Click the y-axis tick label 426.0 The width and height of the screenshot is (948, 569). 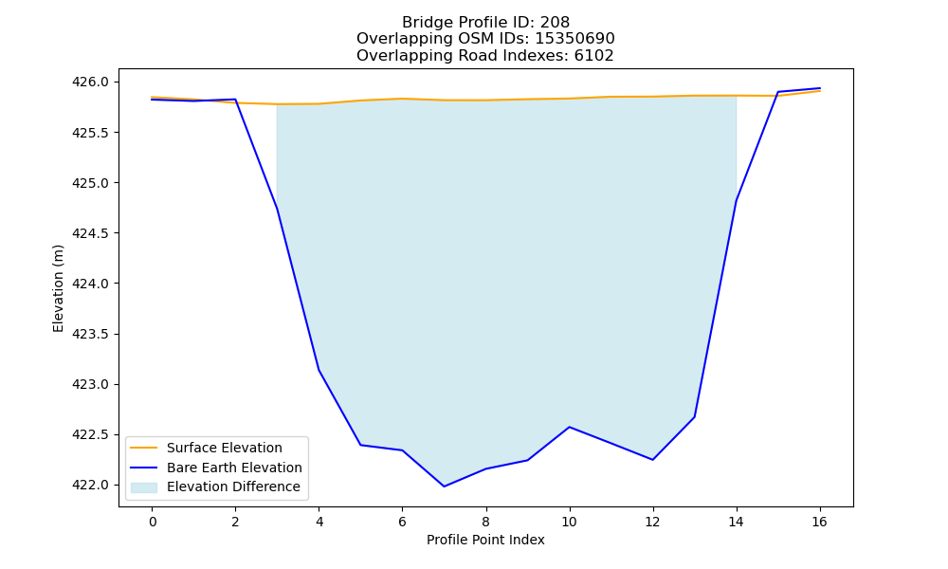click(x=91, y=82)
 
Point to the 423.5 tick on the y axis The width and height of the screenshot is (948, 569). click(x=91, y=334)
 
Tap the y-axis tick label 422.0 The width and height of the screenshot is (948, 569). click(x=91, y=485)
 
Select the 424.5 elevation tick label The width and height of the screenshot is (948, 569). click(x=91, y=232)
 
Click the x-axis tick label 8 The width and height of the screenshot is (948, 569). click(x=485, y=522)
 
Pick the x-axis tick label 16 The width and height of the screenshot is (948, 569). click(x=819, y=522)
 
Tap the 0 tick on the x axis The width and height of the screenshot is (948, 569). click(x=153, y=522)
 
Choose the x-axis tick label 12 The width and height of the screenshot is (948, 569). click(x=652, y=522)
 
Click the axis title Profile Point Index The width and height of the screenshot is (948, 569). click(x=485, y=540)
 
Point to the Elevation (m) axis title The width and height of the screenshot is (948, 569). click(x=58, y=288)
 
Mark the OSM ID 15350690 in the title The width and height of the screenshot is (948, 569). click(x=575, y=39)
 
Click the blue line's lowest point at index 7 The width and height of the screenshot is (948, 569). click(x=444, y=486)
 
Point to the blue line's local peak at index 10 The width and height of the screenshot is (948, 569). click(x=569, y=427)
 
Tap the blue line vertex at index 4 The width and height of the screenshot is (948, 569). click(x=319, y=370)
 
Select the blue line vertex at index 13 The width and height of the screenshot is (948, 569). click(x=694, y=416)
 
